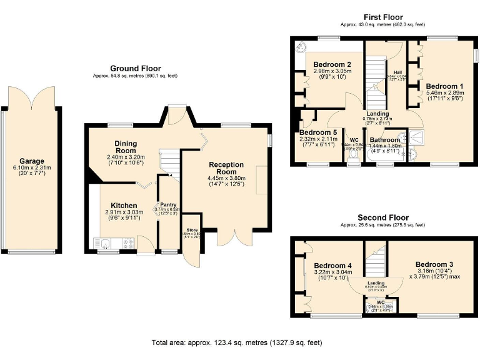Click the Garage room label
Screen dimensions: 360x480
[31, 161]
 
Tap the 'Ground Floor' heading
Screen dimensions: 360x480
[135, 69]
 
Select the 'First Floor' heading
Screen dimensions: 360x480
[383, 17]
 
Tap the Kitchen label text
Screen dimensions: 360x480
[124, 206]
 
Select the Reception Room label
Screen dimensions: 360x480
[226, 168]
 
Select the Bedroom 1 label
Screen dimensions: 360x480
[444, 86]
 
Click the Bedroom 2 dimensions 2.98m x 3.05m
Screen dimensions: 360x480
[332, 72]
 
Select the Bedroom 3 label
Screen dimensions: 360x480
[435, 264]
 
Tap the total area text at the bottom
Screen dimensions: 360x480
[236, 342]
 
